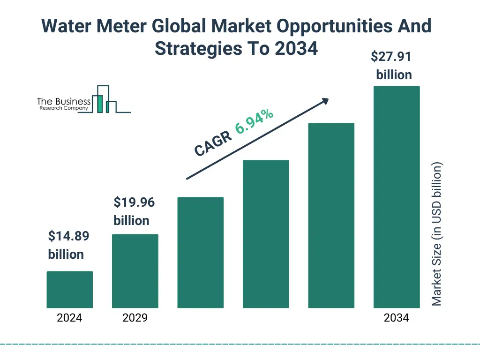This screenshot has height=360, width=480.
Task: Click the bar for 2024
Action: click(69, 290)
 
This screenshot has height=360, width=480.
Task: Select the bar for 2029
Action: click(135, 271)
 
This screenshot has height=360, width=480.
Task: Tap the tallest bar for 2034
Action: click(397, 197)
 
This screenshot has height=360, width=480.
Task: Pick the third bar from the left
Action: click(201, 253)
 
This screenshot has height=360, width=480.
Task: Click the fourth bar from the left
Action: click(266, 234)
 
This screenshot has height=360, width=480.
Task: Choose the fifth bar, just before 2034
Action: click(331, 216)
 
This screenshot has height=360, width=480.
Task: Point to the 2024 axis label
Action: click(69, 318)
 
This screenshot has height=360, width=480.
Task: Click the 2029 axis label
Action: click(135, 318)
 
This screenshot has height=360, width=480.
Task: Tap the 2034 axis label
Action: click(397, 318)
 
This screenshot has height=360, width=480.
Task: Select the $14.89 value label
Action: click(68, 236)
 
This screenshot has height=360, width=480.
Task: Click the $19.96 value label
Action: click(134, 202)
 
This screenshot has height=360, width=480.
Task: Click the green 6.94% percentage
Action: click(255, 121)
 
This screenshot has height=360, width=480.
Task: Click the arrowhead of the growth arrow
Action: click(325, 100)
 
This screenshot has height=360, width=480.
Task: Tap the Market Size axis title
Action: click(437, 234)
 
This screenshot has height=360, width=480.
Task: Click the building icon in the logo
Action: click(104, 100)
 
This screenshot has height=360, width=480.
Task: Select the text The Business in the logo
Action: click(64, 102)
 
